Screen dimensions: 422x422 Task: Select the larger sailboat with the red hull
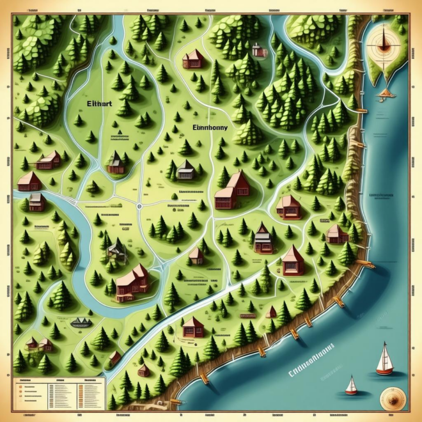pos(384,360)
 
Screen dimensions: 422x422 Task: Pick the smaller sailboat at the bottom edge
pos(351,386)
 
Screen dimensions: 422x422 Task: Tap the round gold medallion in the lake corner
pos(389,397)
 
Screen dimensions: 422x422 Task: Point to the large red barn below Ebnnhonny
pos(231,191)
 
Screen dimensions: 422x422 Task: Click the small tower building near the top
pos(258,51)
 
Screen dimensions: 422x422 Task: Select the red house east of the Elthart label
pos(193,59)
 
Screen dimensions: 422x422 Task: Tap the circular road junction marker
pos(139,206)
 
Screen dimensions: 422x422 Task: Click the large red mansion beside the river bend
pos(132,282)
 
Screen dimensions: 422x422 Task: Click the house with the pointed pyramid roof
pos(293,260)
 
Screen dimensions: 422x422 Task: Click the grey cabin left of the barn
pos(185,169)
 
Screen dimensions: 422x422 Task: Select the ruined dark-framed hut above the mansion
pos(115,249)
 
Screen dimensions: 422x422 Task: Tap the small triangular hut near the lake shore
pos(271,312)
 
